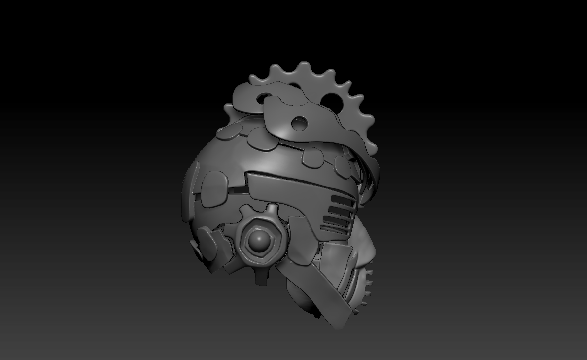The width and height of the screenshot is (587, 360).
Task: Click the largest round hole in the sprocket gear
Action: pyautogui.click(x=329, y=101)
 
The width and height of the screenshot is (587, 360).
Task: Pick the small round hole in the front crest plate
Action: pyautogui.click(x=299, y=123)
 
